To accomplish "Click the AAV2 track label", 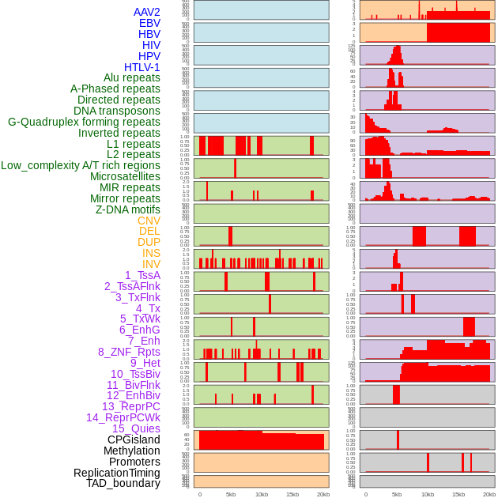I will (147, 12).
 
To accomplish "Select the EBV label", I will (149, 23).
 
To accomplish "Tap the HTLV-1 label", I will (142, 67).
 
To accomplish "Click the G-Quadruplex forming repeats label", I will (84, 122).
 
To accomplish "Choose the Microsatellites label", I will (125, 176).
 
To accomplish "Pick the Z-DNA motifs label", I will (128, 209).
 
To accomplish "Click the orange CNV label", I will (149, 221).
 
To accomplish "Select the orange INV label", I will (151, 264).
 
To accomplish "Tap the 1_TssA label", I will (142, 275).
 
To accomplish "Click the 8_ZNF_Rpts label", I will (129, 352).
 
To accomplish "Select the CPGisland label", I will (134, 440).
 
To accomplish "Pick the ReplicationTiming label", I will (117, 473).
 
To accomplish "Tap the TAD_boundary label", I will (123, 483).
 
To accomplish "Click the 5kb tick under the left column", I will (231, 494).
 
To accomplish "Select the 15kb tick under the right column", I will (458, 494).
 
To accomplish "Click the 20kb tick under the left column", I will (323, 494).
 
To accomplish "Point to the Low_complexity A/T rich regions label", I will (81, 165).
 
